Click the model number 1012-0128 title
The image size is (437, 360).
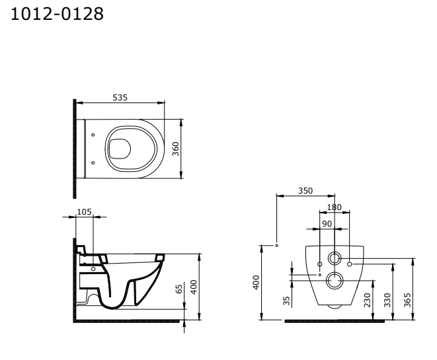pyautogui.click(x=57, y=14)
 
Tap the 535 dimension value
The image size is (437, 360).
pyautogui.click(x=120, y=98)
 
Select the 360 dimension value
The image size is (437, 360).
pyautogui.click(x=175, y=149)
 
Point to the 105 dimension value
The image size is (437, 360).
pyautogui.click(x=84, y=212)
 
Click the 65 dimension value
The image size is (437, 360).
pyautogui.click(x=179, y=289)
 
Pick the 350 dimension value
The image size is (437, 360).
pyautogui.click(x=305, y=191)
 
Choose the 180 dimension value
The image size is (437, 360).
pyautogui.click(x=334, y=207)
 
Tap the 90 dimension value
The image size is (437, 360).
pyautogui.click(x=327, y=224)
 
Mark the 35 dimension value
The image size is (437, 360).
pyautogui.click(x=286, y=301)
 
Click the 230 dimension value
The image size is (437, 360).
pyautogui.click(x=368, y=300)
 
